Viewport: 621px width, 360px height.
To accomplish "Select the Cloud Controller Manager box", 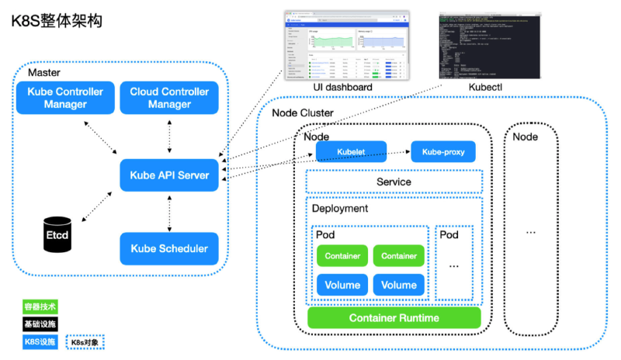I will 169,98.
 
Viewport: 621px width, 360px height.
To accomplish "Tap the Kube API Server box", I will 169,175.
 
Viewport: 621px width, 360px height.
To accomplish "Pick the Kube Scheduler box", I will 169,248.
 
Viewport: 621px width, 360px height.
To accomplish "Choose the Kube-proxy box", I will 443,151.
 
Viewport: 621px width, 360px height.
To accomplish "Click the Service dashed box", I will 394,182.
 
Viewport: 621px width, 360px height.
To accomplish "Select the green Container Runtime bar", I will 394,318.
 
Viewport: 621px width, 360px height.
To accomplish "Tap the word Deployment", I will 340,209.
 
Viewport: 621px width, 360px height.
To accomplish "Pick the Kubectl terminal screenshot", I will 489,46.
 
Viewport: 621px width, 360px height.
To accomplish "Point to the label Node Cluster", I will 303,113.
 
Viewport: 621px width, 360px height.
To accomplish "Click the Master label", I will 43,72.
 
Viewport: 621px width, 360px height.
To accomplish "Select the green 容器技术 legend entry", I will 40,307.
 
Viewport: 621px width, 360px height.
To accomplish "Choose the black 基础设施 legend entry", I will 40,324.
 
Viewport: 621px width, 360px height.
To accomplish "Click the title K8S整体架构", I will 56,21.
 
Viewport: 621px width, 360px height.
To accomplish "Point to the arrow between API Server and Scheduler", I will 169,212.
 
